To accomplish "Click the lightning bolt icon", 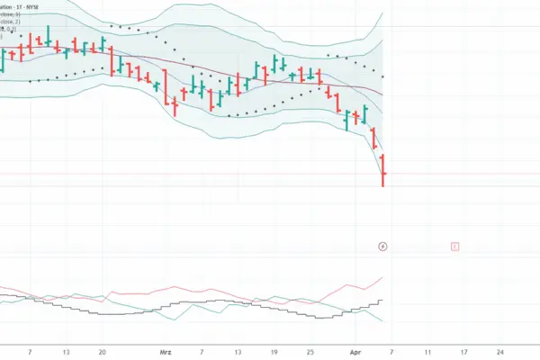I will [x=383, y=246].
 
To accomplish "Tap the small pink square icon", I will [x=455, y=246].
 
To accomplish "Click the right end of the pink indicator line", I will [x=383, y=278].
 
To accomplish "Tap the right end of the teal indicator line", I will [x=383, y=321].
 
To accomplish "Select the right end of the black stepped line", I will [x=383, y=301].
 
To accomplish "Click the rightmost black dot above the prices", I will [x=383, y=76].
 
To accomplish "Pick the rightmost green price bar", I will [x=366, y=114].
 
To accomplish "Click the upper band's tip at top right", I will [x=383, y=13].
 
